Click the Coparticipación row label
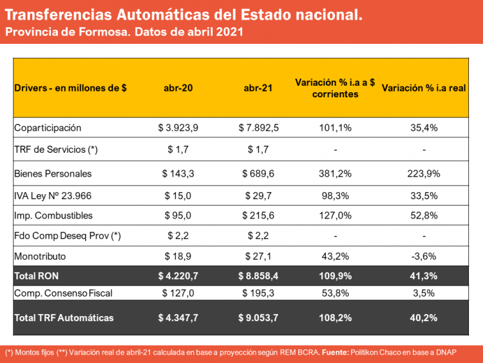(48, 128)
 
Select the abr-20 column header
(178, 89)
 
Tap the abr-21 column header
(258, 89)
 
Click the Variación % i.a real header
(424, 89)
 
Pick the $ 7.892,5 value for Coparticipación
(258, 128)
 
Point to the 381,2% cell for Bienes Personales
(335, 173)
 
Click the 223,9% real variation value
(424, 173)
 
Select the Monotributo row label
(40, 256)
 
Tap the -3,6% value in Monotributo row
(424, 256)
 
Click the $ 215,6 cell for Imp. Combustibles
(258, 215)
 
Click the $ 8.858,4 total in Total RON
(258, 275)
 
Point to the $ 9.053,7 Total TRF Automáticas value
(258, 317)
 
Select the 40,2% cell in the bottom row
(424, 317)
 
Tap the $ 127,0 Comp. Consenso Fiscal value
(178, 293)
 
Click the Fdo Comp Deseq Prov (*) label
(68, 236)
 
